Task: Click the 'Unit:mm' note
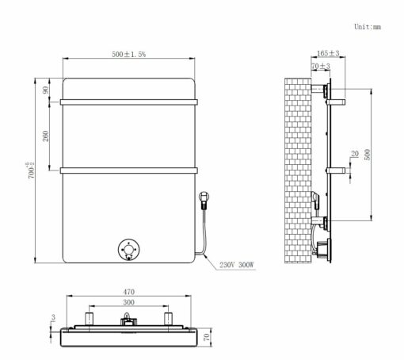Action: [x=368, y=27]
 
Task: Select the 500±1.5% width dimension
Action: [x=128, y=54]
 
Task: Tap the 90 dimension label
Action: [x=46, y=90]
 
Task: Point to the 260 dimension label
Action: [x=46, y=136]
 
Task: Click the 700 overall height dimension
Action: [x=30, y=170]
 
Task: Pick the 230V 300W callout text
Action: [x=236, y=265]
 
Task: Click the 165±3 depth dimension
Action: [x=328, y=53]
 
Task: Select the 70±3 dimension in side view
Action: [x=321, y=66]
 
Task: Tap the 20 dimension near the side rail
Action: [x=355, y=154]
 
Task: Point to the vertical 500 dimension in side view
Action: [x=368, y=155]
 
